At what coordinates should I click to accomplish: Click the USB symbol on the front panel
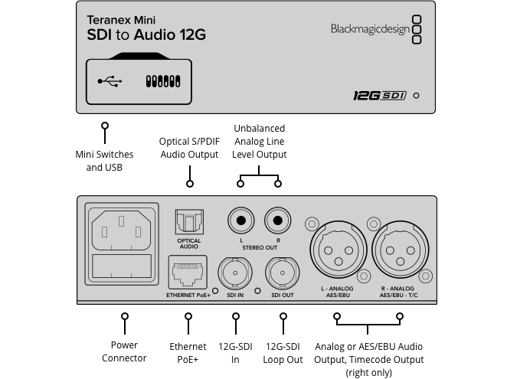(x=110, y=80)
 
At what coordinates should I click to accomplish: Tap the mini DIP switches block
(x=162, y=80)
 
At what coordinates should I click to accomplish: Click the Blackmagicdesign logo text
(x=369, y=29)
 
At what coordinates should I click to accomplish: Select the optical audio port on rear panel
(x=188, y=222)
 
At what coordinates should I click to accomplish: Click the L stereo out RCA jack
(x=240, y=221)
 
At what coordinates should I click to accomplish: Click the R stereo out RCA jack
(x=277, y=221)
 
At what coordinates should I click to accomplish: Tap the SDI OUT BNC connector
(x=281, y=272)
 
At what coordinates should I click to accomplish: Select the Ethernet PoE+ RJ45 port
(x=188, y=271)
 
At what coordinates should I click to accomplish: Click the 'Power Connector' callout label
(x=124, y=352)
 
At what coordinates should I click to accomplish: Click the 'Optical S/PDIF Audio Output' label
(x=189, y=148)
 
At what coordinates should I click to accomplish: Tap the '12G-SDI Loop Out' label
(x=283, y=352)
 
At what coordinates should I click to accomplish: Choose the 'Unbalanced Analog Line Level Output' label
(x=259, y=142)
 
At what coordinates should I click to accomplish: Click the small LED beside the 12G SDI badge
(x=416, y=96)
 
